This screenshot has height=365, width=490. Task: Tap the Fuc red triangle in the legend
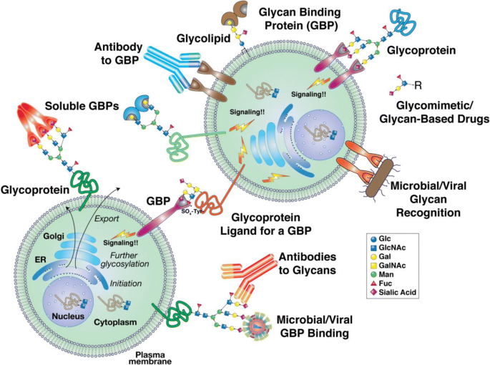[373, 283]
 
